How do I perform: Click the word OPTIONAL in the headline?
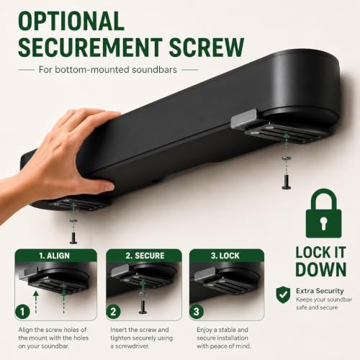[71, 21]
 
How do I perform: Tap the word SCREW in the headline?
[207, 47]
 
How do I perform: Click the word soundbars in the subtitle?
[154, 70]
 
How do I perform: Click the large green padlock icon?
[323, 213]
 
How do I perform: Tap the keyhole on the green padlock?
[323, 223]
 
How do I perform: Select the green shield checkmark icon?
[283, 294]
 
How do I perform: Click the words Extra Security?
[320, 291]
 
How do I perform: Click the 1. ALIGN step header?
[55, 256]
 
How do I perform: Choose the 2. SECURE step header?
[145, 256]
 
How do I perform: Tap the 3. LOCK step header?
[225, 256]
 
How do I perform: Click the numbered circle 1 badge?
[22, 312]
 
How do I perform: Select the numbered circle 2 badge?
[113, 312]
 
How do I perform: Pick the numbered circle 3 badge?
[197, 312]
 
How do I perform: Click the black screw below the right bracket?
[287, 182]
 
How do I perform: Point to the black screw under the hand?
[73, 237]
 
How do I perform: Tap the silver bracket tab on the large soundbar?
[243, 117]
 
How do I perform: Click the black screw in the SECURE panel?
[143, 307]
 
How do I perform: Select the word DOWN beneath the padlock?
[321, 269]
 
